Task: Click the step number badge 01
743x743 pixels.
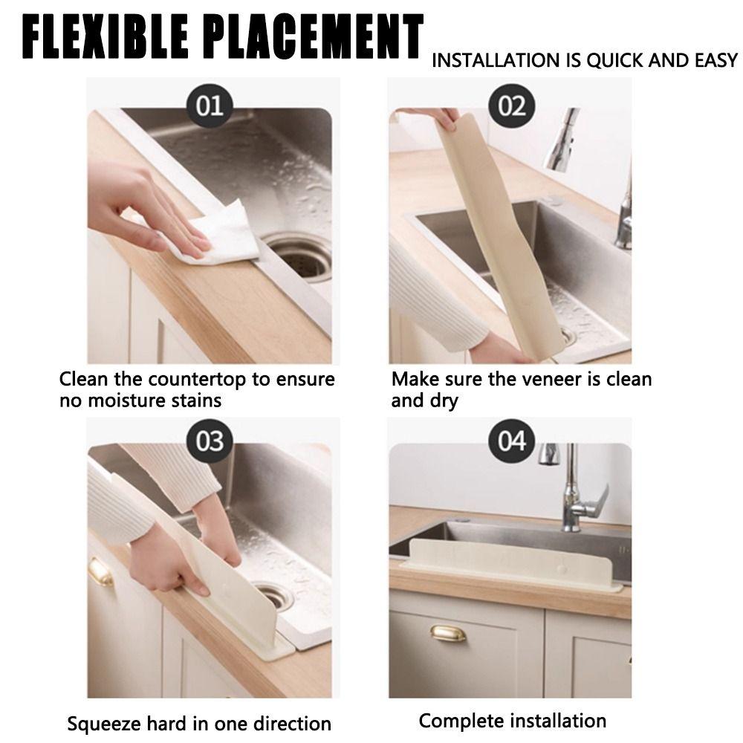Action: click(x=209, y=106)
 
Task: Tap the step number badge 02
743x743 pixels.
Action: click(x=511, y=106)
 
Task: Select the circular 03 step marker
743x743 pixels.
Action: click(x=209, y=441)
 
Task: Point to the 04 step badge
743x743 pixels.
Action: click(x=511, y=441)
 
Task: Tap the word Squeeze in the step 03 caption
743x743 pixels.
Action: click(x=103, y=723)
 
